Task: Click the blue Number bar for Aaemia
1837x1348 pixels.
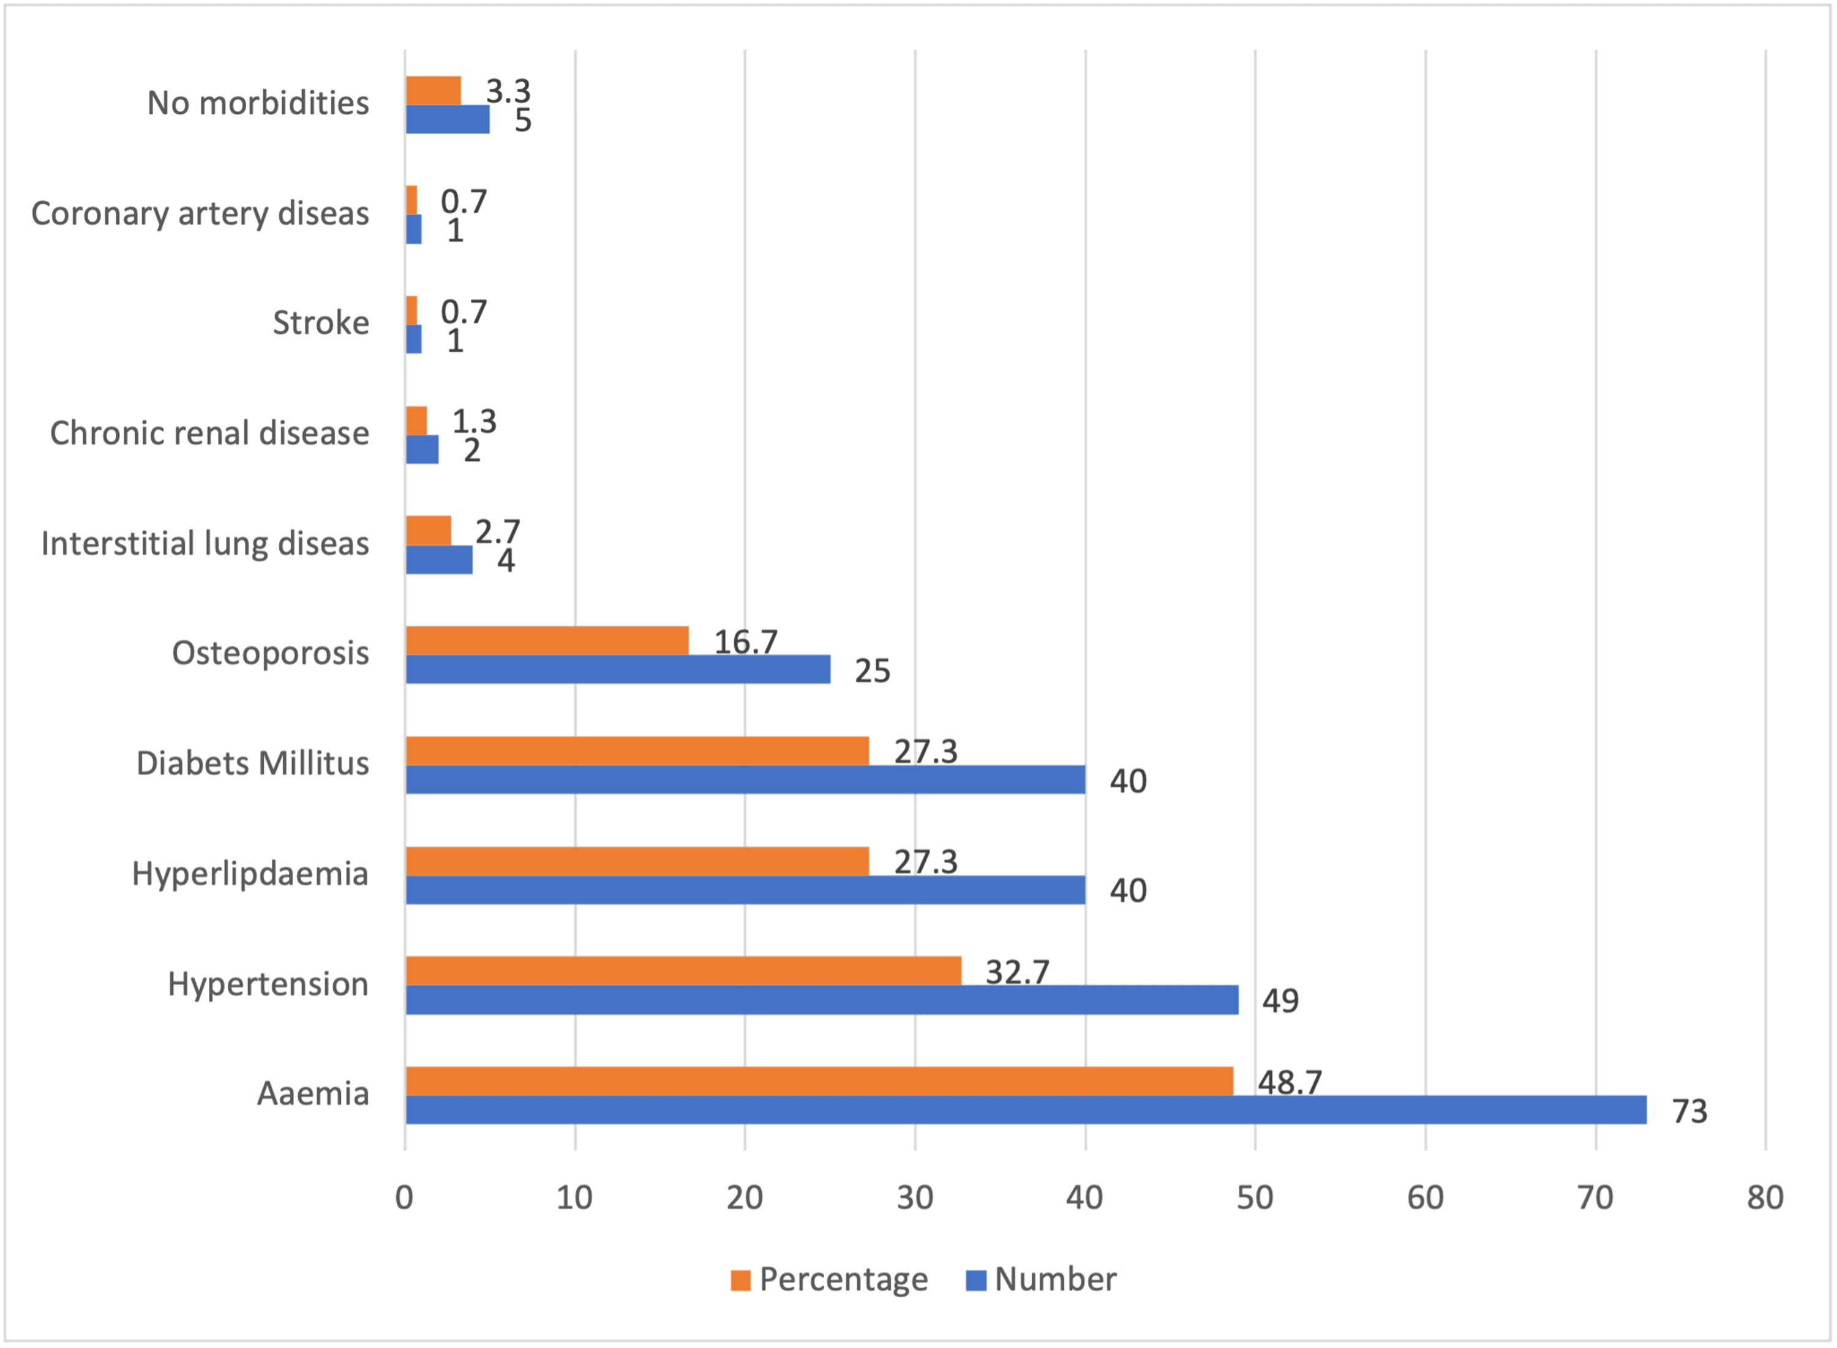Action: tap(1025, 1110)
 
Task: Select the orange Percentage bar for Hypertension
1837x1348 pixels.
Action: tap(683, 971)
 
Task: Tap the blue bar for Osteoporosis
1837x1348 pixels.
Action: tap(618, 669)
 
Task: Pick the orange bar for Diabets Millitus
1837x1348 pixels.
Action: tap(637, 751)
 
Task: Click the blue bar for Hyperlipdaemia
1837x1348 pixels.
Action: tap(745, 890)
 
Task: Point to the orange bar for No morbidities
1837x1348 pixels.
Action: tap(434, 91)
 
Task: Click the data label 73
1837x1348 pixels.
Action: tap(1689, 1111)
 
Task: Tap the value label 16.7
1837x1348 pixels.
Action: tap(745, 642)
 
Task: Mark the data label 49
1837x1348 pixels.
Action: tap(1280, 1000)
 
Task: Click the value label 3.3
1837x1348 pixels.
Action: tap(508, 91)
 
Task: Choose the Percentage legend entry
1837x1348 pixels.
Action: tap(829, 1279)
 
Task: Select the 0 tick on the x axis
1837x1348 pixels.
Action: tap(404, 1198)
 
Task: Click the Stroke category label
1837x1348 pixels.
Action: tap(321, 323)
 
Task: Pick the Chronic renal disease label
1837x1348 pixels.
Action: tap(210, 433)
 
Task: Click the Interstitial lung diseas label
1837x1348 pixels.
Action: tap(205, 544)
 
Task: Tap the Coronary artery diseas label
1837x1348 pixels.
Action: tap(200, 214)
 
